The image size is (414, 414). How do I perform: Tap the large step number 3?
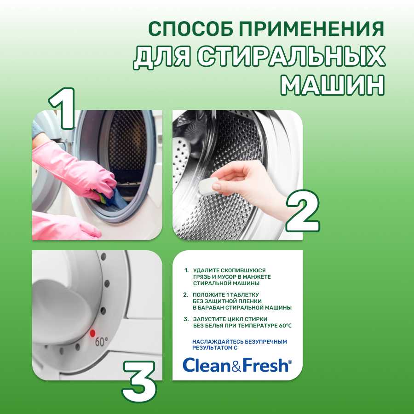tap(139, 379)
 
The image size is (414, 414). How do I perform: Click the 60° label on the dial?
tap(102, 342)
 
